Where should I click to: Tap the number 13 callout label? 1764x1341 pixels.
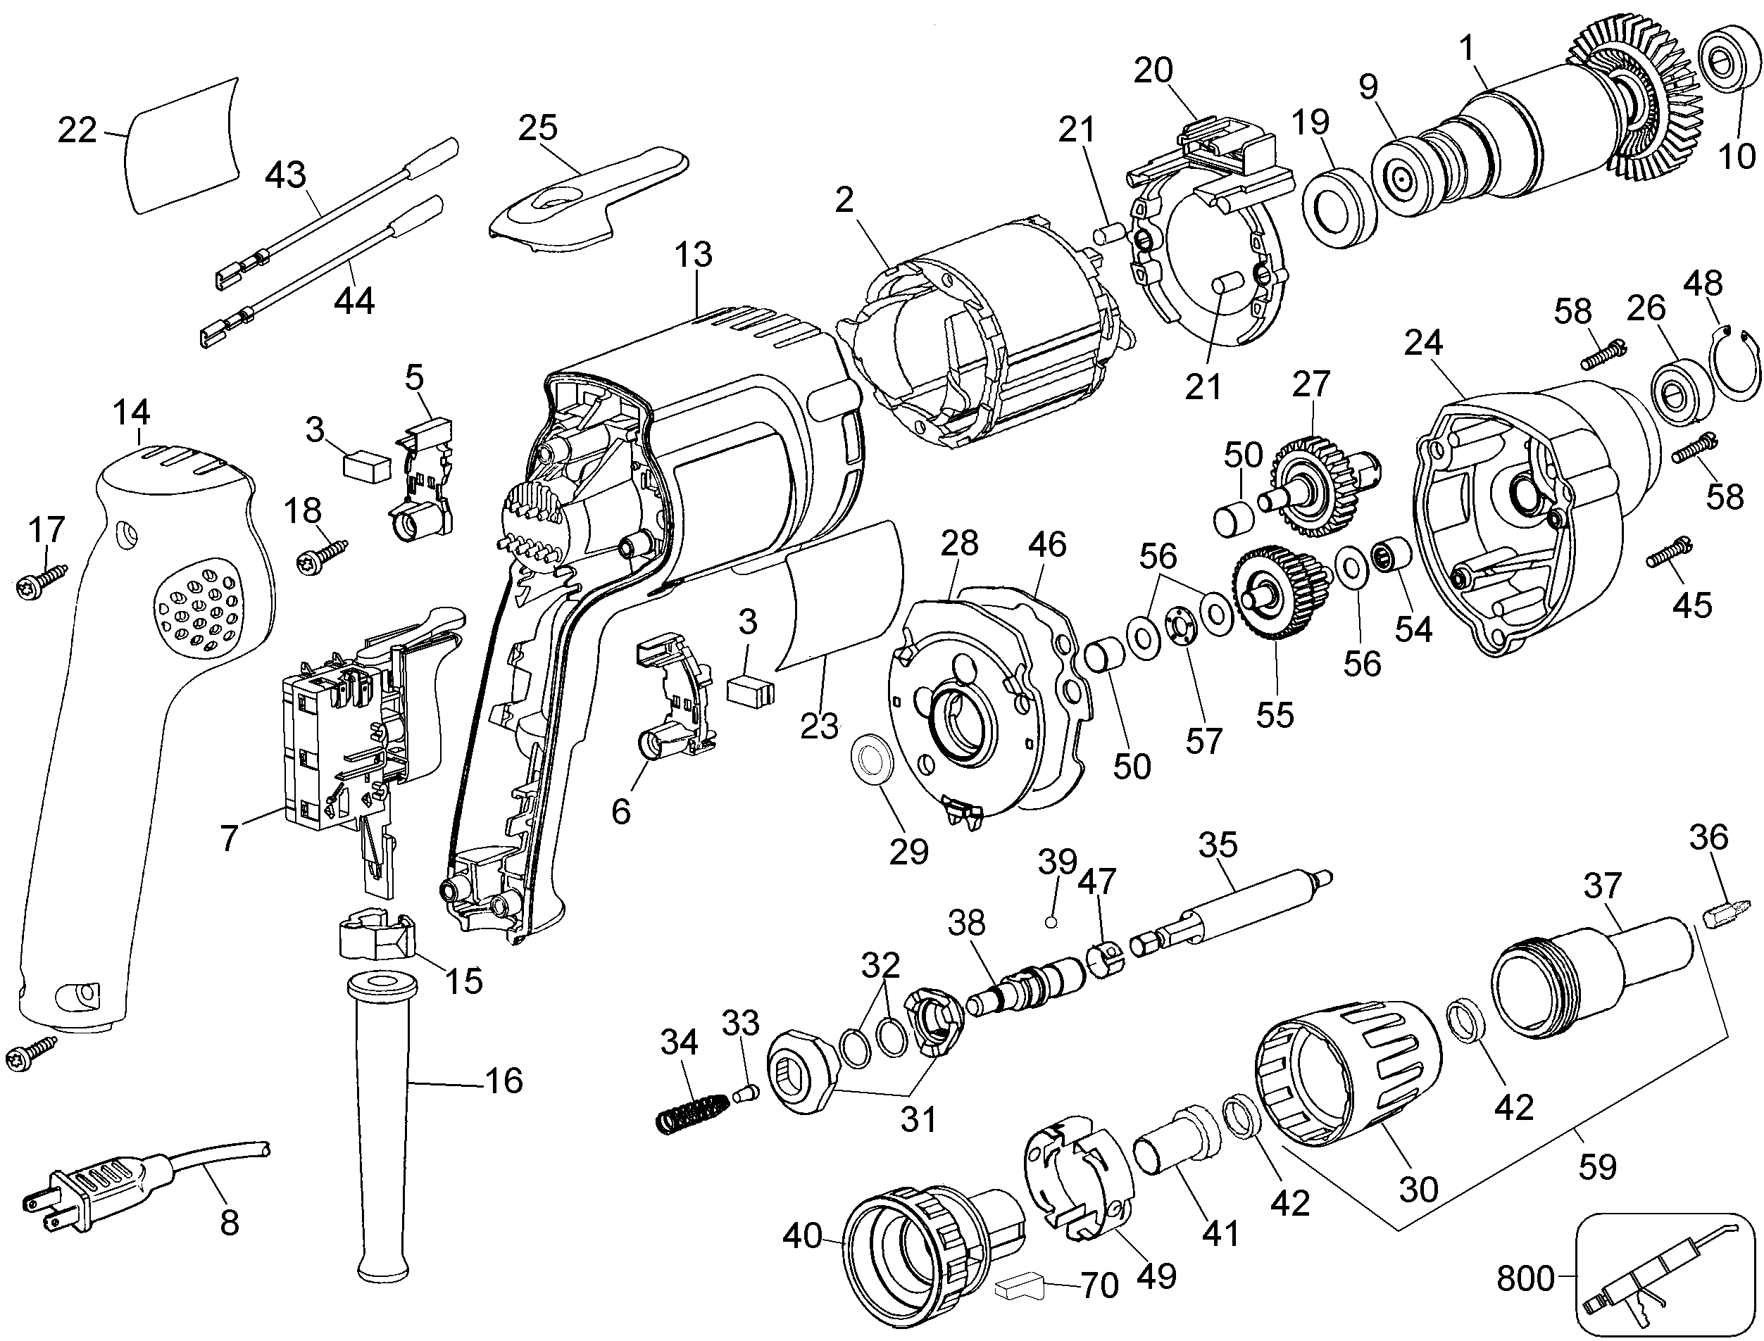click(693, 256)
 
